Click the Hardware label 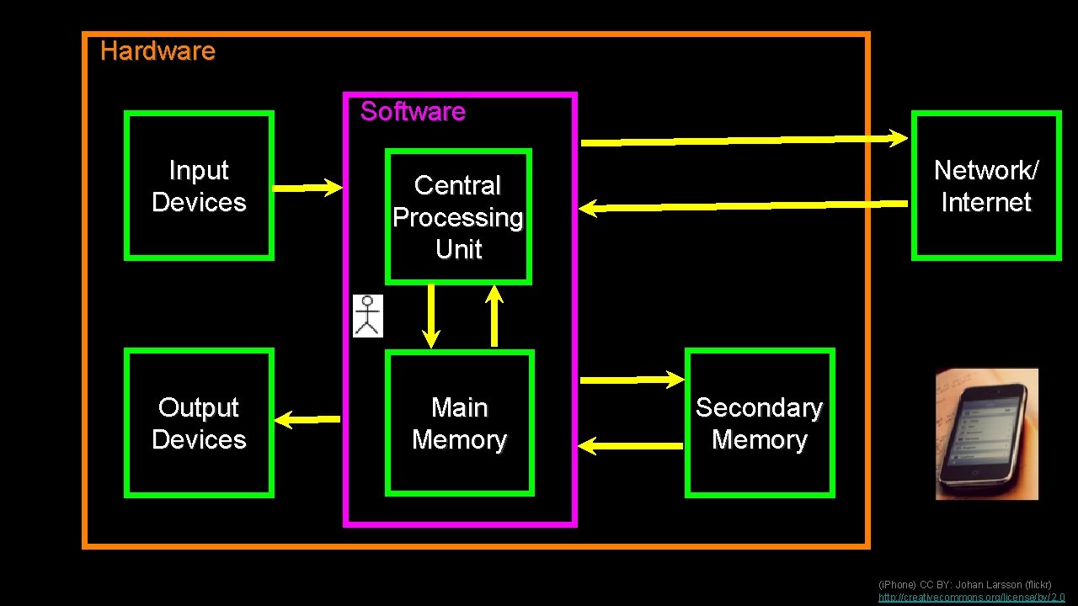[157, 51]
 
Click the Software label [413, 112]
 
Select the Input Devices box [199, 186]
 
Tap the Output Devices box [199, 423]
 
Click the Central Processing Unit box [458, 217]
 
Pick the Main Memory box [459, 423]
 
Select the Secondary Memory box [759, 423]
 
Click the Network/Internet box [985, 186]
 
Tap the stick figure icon [367, 316]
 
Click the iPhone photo [986, 434]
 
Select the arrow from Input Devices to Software [308, 188]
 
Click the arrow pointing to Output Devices [307, 417]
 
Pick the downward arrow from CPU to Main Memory [431, 316]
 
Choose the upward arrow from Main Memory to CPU [494, 316]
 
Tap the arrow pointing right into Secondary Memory [632, 380]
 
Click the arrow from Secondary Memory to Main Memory [632, 445]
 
